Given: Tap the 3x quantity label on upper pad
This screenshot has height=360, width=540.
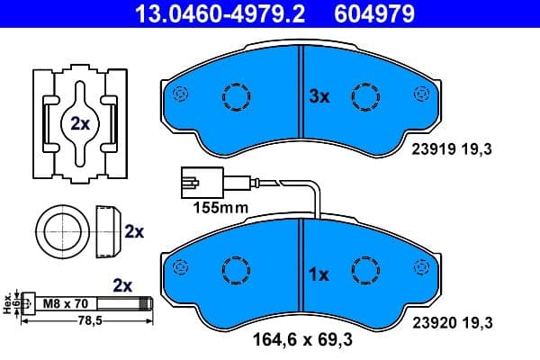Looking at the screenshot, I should [319, 97].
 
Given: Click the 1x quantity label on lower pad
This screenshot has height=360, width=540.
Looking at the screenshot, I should [319, 274].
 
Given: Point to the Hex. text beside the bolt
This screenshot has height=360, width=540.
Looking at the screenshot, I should [8, 303].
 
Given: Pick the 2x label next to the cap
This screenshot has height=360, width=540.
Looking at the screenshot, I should [134, 231].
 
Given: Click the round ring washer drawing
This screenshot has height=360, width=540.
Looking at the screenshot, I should [62, 231].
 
